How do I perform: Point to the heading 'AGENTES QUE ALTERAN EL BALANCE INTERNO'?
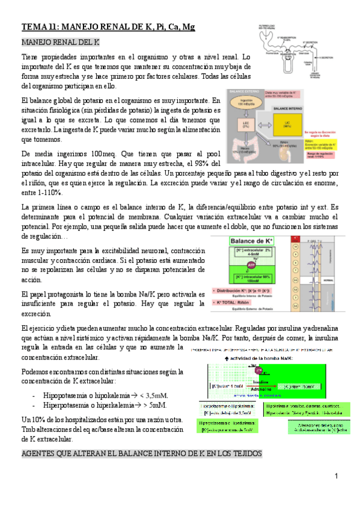coord(141,436)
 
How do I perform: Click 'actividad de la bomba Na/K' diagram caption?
coord(252,358)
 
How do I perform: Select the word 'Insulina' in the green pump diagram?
coord(259,381)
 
